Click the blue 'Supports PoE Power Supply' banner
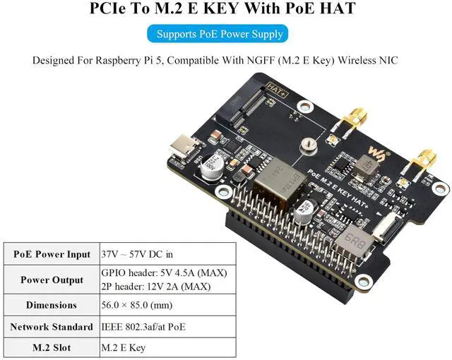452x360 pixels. [x=220, y=33]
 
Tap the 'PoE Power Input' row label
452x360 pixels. [x=52, y=254]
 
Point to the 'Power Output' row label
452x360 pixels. [x=52, y=280]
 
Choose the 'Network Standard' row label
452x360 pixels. [x=52, y=327]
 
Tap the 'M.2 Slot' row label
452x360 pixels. [x=52, y=348]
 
